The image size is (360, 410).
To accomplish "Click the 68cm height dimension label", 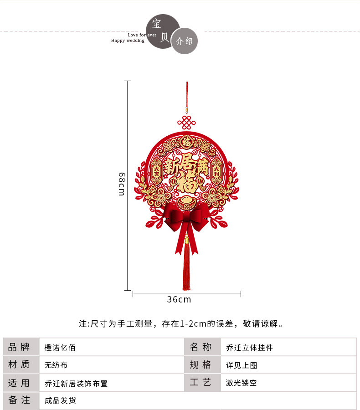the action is [121, 184].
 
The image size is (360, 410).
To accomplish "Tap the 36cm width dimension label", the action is [179, 299].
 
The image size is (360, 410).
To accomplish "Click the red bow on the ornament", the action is [186, 217].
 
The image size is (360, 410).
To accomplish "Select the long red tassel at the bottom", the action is [186, 269].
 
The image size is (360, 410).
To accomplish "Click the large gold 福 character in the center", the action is [186, 183].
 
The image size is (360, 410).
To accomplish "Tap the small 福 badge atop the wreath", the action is [186, 142].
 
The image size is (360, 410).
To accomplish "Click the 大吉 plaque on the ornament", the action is [156, 171].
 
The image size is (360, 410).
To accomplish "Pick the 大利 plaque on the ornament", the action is [216, 171].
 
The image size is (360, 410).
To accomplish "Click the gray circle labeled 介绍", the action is [185, 41].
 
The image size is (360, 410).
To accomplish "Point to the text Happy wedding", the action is [128, 41].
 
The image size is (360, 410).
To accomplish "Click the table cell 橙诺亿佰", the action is [60, 348].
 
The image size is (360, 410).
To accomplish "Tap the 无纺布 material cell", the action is [56, 365].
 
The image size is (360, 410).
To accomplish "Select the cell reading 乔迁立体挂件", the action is [249, 348].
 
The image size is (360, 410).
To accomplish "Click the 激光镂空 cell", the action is [242, 383].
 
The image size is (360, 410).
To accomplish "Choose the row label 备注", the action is [19, 400].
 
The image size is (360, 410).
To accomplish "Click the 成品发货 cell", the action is [60, 400].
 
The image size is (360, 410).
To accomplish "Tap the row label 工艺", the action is [201, 383].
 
